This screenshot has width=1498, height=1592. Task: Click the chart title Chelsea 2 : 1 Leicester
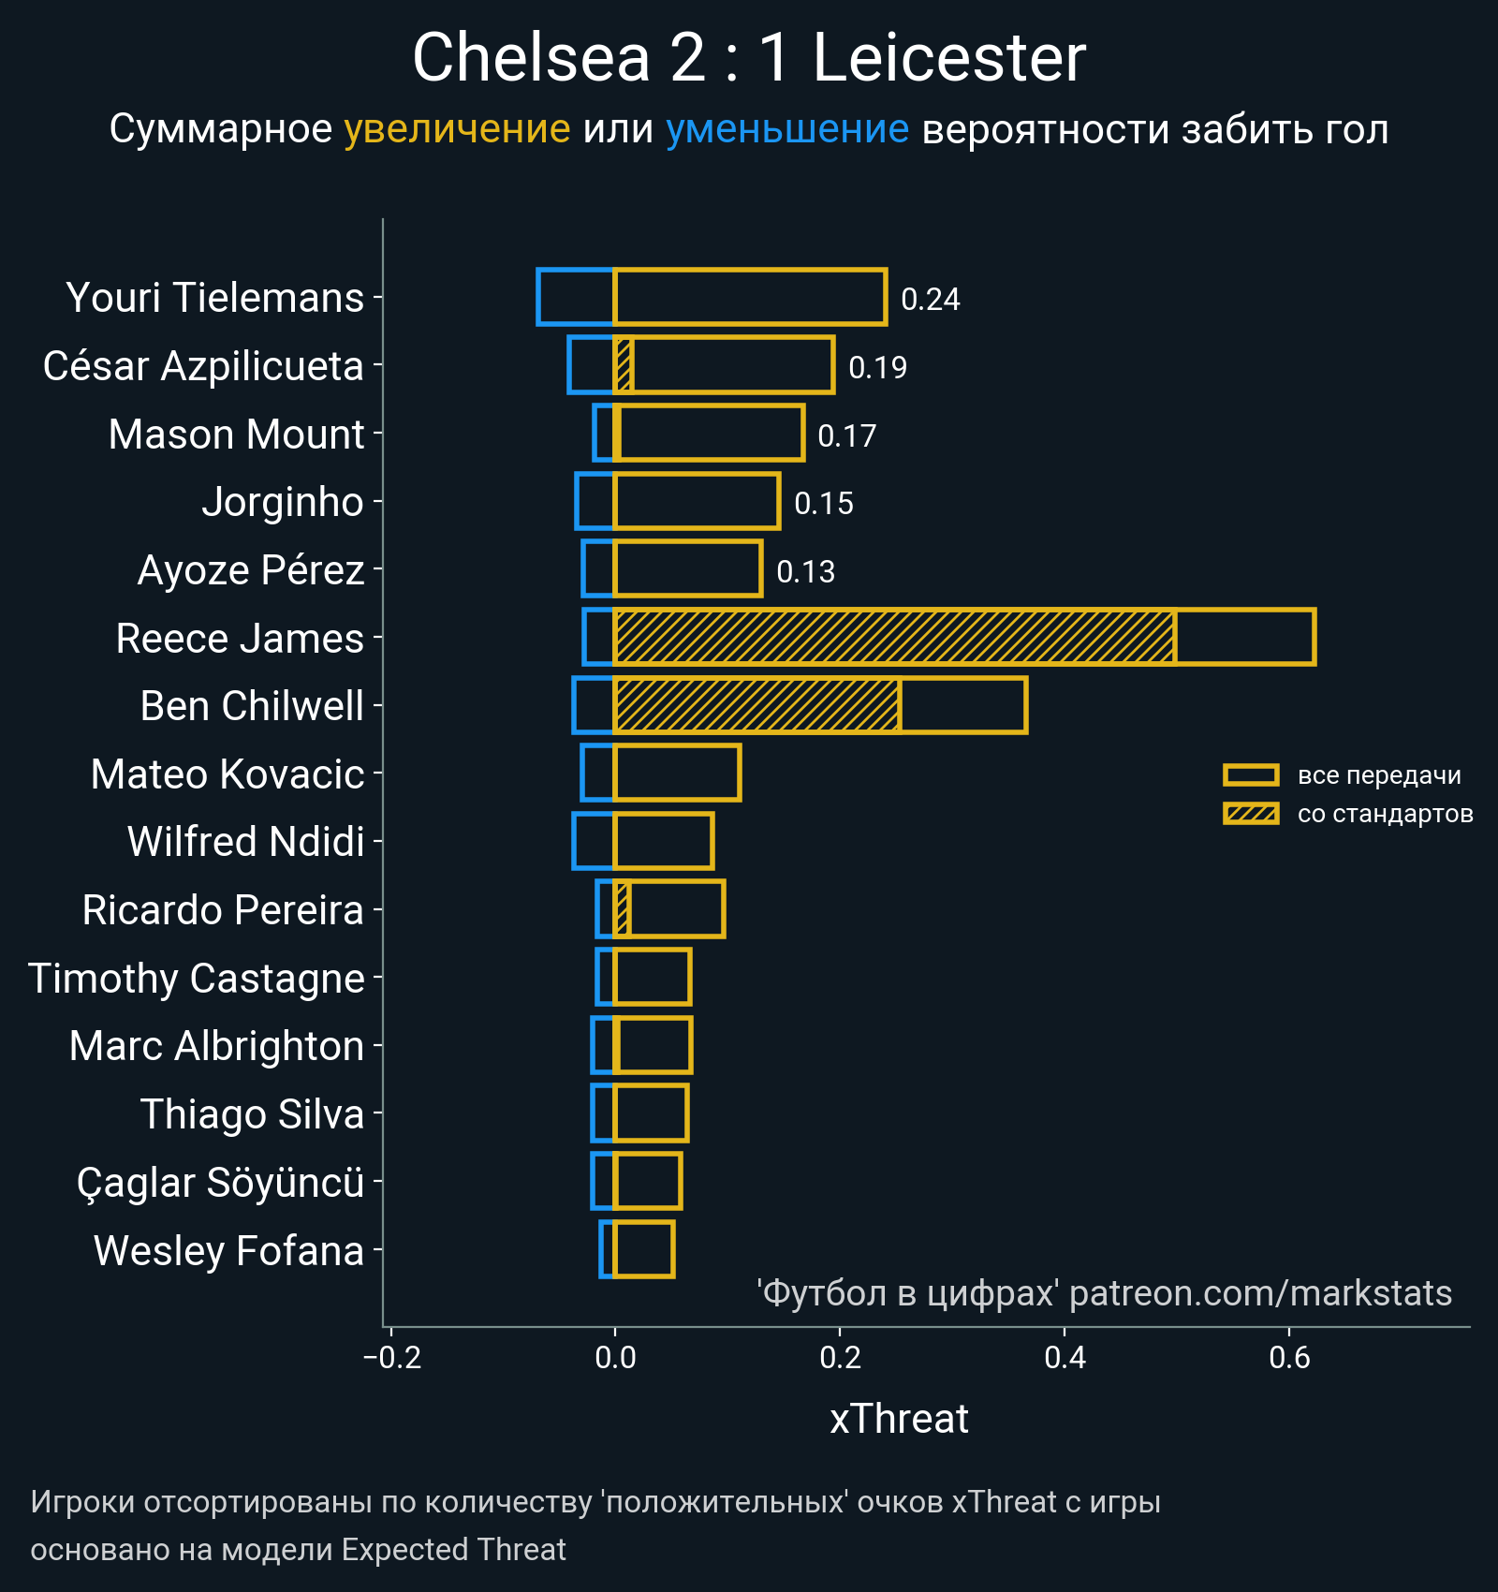[749, 58]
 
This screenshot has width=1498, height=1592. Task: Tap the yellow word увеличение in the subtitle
[457, 129]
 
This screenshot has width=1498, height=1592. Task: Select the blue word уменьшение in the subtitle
[786, 129]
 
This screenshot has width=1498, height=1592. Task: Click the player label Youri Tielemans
[214, 298]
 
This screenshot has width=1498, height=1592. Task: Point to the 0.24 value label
[930, 300]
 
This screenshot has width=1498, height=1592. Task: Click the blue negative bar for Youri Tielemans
[576, 297]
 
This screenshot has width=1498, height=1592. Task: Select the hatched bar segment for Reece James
[894, 637]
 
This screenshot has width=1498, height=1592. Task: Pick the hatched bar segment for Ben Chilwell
[756, 705]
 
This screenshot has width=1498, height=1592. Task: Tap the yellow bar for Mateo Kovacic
[677, 773]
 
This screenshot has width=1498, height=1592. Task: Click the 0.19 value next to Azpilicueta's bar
[877, 368]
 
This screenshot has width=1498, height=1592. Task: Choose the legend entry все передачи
[1378, 775]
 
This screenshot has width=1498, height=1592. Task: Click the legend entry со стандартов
[1385, 814]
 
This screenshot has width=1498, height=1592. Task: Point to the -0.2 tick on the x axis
[392, 1358]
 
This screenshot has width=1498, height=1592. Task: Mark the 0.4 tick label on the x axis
[1065, 1358]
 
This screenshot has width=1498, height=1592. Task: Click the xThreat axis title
[899, 1419]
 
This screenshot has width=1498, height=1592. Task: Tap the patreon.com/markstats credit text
[1260, 1293]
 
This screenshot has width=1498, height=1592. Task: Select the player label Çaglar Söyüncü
[220, 1183]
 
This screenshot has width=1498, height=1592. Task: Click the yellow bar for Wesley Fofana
[643, 1249]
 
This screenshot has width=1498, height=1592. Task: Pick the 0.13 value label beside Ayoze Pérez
[805, 572]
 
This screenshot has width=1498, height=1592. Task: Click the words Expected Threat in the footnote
[453, 1550]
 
